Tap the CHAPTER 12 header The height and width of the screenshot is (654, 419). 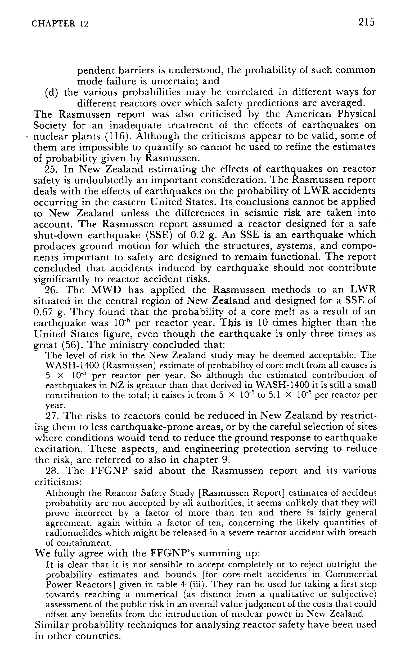pyautogui.click(x=60, y=24)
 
